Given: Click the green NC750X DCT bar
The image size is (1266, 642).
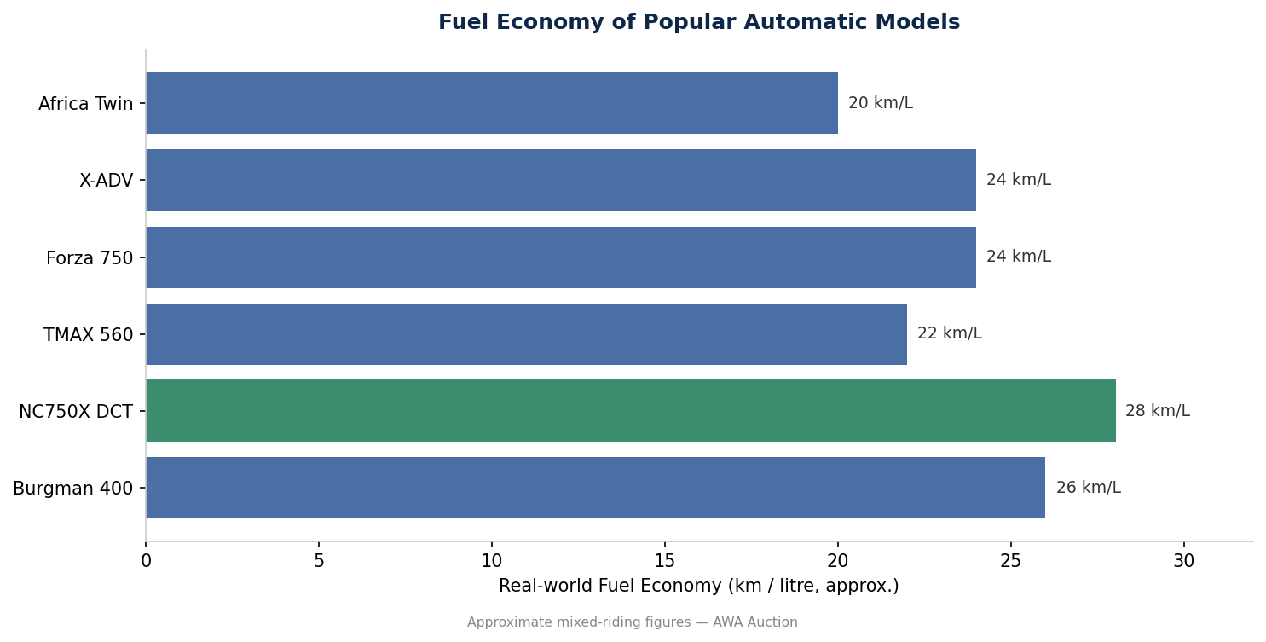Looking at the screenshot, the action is coord(631,411).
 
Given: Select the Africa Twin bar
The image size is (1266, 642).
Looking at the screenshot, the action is coord(492,103).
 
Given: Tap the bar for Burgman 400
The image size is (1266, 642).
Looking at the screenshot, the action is coord(596,488).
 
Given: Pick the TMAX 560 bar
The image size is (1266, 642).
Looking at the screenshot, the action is coord(526,334).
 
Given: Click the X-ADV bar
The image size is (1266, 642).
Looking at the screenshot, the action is coord(561,180).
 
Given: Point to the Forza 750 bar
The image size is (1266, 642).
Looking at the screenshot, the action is coord(561,257).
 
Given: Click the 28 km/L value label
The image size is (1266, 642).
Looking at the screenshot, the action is coord(1158,411).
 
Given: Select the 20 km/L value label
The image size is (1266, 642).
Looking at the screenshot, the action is coord(881,103).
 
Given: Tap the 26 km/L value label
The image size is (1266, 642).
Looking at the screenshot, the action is coord(1089,487).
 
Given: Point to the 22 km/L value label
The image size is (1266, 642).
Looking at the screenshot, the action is coord(950,333).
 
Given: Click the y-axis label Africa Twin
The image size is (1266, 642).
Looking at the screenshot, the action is coord(86,104).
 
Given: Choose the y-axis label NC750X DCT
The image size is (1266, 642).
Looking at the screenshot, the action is coord(76,412).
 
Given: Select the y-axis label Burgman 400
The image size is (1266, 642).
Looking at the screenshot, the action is coord(73,489).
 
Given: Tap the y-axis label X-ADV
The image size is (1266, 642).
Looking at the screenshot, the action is coord(107,181).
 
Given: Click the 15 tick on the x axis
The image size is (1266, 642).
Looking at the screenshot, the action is coord(665,561).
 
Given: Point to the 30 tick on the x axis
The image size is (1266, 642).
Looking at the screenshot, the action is coord(1183,561).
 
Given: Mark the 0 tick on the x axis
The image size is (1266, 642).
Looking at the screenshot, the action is coord(146,561).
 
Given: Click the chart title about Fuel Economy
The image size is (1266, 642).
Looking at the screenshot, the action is coord(699,22).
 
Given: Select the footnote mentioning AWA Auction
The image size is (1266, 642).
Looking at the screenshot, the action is coord(632,622).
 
